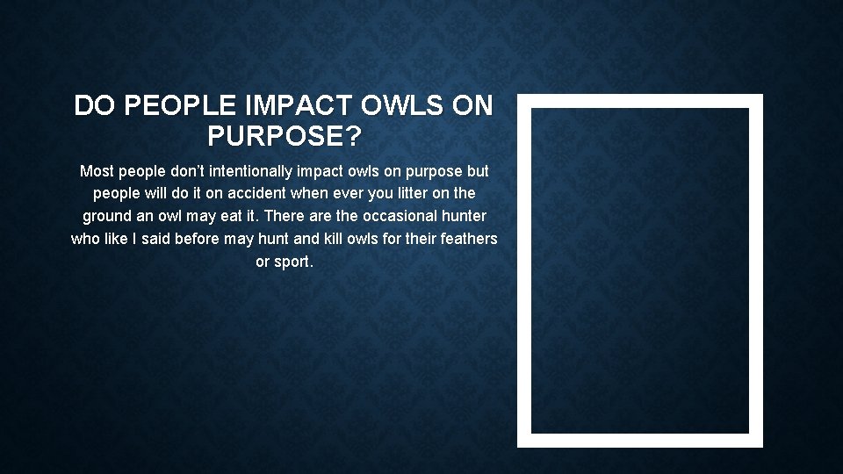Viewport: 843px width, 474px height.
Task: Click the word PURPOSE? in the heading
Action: [x=284, y=136]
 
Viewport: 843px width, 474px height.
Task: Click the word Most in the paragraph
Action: [x=96, y=170]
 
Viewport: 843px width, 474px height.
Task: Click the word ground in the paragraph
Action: [x=105, y=216]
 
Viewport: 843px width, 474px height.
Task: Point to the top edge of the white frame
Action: [x=639, y=101]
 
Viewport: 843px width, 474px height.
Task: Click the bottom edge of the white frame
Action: [x=639, y=441]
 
